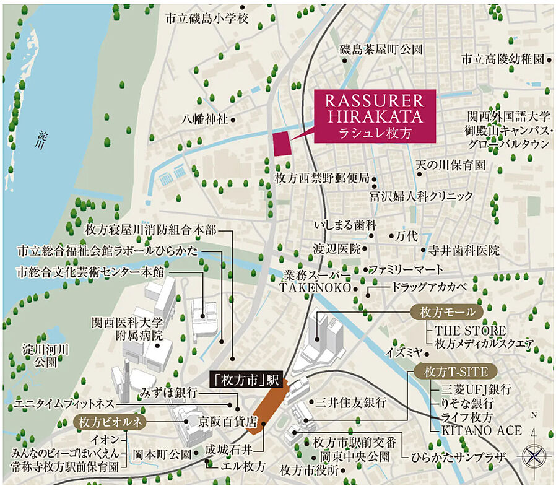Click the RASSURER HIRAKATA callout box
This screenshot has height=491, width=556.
pyautogui.click(x=375, y=116)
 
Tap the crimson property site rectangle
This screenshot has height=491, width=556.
pyautogui.click(x=282, y=144)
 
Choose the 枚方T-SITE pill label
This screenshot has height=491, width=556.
pyautogui.click(x=452, y=372)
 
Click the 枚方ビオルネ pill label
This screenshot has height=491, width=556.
pyautogui.click(x=109, y=422)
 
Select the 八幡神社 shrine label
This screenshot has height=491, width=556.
pyautogui.click(x=205, y=118)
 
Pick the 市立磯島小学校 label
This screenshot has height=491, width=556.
pyautogui.click(x=206, y=19)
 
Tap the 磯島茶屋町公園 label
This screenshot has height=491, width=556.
pyautogui.click(x=381, y=49)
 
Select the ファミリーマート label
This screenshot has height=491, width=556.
pyautogui.click(x=406, y=269)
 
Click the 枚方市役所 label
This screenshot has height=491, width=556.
pyautogui.click(x=309, y=470)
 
